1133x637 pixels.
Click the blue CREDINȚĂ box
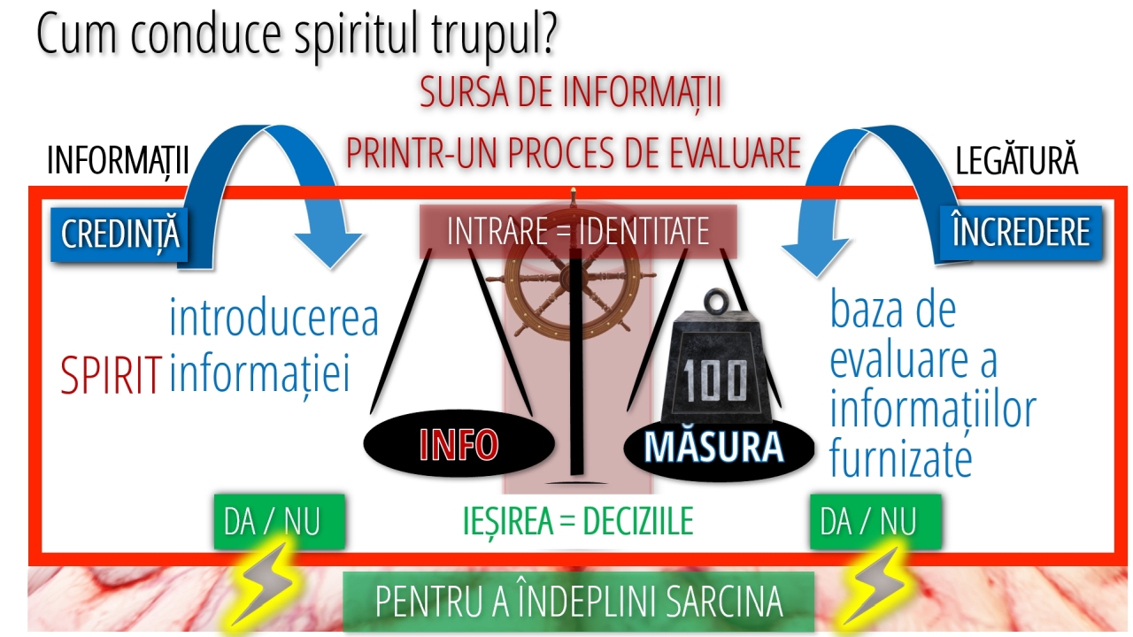119,234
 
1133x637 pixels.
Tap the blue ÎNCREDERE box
1021,233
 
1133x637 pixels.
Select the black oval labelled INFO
459,444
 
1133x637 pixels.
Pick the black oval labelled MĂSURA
719,446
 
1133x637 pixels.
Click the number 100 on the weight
714,380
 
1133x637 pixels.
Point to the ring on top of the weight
716,302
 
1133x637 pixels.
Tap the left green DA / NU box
279,522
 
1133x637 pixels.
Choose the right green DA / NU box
875,522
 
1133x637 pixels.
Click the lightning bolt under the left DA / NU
263,586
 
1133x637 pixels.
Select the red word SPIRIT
112,375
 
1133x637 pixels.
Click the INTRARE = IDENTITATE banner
578,232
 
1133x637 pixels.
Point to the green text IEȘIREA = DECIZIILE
578,521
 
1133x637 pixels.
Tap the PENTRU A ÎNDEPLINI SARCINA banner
579,602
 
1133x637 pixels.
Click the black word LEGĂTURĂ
1017,160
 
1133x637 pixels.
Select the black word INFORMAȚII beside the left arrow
118,161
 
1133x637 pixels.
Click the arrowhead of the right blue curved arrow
815,257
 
